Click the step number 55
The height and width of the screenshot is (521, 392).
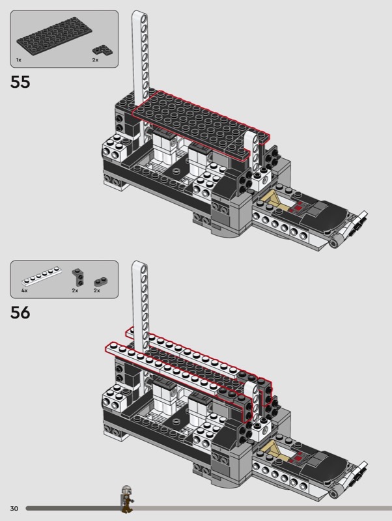(20, 82)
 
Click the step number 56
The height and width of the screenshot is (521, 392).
(20, 313)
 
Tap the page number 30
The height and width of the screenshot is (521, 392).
(14, 509)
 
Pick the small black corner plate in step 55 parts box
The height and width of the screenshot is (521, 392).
(103, 50)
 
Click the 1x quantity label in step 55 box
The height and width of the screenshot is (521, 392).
(19, 60)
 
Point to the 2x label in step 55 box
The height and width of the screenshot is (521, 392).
(95, 60)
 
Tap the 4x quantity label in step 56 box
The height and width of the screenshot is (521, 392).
(24, 290)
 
